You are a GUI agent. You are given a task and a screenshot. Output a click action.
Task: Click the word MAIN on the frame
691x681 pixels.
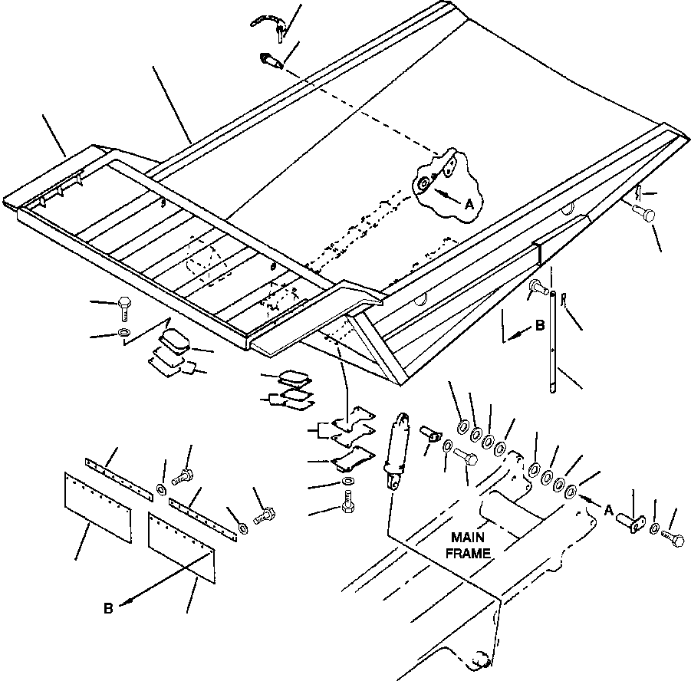pyautogui.click(x=466, y=538)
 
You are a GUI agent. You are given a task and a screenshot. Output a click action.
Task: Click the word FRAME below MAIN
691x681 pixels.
pyautogui.click(x=470, y=552)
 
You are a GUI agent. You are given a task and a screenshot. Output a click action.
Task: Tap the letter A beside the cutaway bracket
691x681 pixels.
pyautogui.click(x=469, y=203)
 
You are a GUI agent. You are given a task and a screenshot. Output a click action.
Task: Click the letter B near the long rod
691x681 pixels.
pyautogui.click(x=539, y=325)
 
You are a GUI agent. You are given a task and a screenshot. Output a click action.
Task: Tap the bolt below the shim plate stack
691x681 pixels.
pyautogui.click(x=347, y=505)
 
